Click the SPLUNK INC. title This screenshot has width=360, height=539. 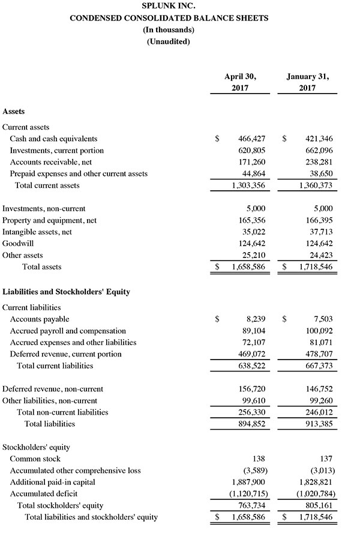point(169,7)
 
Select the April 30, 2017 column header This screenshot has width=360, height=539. point(240,82)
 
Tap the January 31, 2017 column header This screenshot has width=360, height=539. point(308,82)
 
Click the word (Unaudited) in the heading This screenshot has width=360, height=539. point(169,41)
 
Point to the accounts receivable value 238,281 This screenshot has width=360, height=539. point(319,162)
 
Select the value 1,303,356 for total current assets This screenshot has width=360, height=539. point(248,185)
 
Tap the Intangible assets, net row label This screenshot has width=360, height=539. point(37,232)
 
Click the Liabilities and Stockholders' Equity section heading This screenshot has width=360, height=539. point(66,292)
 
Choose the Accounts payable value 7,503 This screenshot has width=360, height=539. point(323,319)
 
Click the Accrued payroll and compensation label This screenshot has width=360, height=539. point(68,331)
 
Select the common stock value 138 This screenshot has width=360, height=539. point(258,459)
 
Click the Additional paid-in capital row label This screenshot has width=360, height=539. point(52,482)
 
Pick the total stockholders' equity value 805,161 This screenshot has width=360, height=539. point(319,505)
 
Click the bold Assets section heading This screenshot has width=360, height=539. point(14,111)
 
